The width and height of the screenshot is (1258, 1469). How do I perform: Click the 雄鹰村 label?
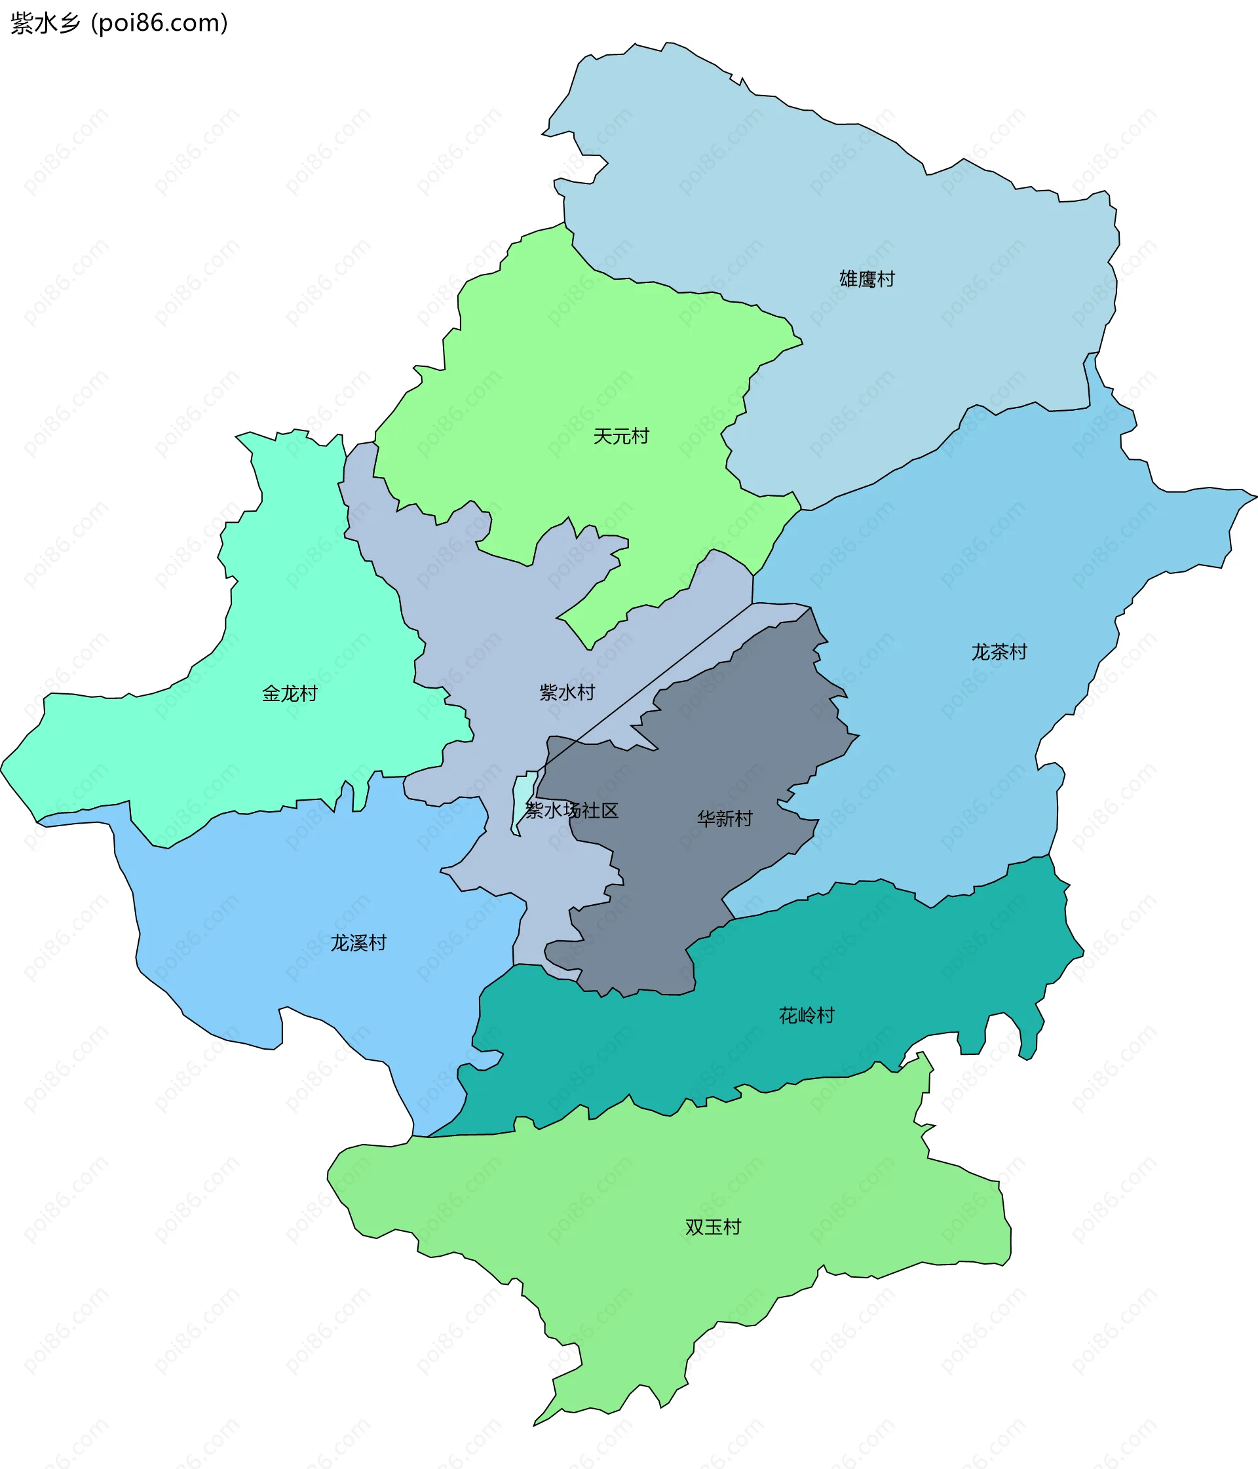pyautogui.click(x=867, y=279)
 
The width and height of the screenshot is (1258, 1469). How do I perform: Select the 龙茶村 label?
pyautogui.click(x=999, y=651)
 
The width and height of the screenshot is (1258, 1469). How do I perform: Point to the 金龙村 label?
pyautogui.click(x=290, y=693)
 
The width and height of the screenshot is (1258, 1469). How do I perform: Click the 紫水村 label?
pyautogui.click(x=567, y=692)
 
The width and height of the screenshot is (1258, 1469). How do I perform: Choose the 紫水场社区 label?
pyautogui.click(x=571, y=811)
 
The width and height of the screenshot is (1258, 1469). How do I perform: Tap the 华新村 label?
pyautogui.click(x=724, y=819)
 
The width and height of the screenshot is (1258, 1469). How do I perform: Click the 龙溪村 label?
pyautogui.click(x=358, y=943)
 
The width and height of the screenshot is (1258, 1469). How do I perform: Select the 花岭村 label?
pyautogui.click(x=807, y=1016)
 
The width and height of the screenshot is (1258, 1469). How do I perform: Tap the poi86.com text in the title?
pyautogui.click(x=160, y=24)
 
